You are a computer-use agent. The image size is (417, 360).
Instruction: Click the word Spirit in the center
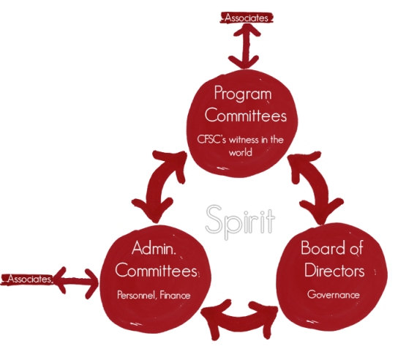pos(240,222)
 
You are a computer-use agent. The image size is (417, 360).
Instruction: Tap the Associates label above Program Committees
pos(247,18)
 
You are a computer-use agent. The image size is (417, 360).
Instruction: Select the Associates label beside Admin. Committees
pos(30,279)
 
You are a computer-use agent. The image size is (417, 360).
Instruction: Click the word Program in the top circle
pos(243,94)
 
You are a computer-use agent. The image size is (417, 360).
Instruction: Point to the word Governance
pos(334,295)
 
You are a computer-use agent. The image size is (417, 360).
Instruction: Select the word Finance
pos(175,295)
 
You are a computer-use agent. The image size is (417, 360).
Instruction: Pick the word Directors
pos(334,270)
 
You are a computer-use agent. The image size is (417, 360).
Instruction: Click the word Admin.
pos(154,248)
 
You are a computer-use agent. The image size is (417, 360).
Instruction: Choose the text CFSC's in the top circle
pos(211,140)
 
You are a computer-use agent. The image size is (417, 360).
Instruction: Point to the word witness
pos(244,140)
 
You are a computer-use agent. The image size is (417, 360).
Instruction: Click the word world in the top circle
pos(240,152)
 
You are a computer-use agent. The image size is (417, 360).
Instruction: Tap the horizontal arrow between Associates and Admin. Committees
pos(76,282)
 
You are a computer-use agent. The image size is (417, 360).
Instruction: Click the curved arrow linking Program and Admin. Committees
pos(159,187)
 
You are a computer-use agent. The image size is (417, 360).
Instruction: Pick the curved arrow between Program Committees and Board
pos(315,187)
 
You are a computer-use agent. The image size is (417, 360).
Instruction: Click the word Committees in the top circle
pos(246,116)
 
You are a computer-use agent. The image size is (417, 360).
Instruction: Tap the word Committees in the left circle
pos(156,270)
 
